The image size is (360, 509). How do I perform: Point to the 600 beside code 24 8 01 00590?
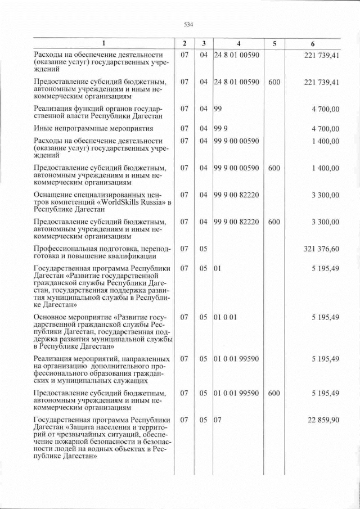(x=274, y=82)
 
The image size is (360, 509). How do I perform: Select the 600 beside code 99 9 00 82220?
(x=274, y=222)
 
